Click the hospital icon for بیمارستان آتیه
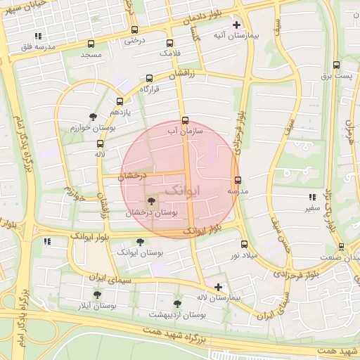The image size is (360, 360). pyautogui.click(x=236, y=25)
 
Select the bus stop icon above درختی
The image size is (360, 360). pyautogui.click(x=134, y=30)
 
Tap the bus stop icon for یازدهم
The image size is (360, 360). pyautogui.click(x=120, y=101)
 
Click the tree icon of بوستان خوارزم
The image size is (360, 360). pyautogui.click(x=92, y=117)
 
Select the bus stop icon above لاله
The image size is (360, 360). pyautogui.click(x=100, y=143)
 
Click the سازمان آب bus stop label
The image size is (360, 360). pyautogui.click(x=185, y=131)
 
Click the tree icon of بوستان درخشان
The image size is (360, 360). pyautogui.click(x=152, y=202)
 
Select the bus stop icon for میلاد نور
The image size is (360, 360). pyautogui.click(x=244, y=244)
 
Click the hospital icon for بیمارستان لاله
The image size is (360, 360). pyautogui.click(x=219, y=287)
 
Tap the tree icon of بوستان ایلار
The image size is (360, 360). pyautogui.click(x=97, y=295)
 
